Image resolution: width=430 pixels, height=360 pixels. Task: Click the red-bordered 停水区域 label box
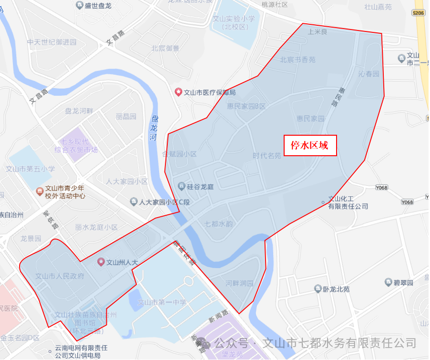pos(310,146)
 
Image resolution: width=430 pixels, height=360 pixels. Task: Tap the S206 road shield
pos(419,13)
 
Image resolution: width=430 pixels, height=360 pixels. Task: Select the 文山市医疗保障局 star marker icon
pos(178,92)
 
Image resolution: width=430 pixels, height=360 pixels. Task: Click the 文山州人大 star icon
pos(101,262)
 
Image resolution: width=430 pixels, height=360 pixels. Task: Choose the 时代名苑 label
pos(267,156)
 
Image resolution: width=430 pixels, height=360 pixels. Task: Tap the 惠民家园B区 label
pos(246,106)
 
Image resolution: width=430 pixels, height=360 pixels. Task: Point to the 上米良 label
pos(317,32)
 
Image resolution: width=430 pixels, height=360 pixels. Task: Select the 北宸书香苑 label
pos(297,60)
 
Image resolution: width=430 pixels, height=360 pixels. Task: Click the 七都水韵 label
pos(218,224)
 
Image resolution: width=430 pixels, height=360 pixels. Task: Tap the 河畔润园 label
pos(239,283)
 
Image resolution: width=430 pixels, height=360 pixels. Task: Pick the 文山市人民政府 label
pos(60,276)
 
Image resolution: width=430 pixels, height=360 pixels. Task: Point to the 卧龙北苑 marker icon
pos(317,289)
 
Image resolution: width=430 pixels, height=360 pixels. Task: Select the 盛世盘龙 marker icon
pos(79,5)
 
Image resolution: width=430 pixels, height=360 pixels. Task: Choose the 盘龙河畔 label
pos(79,111)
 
